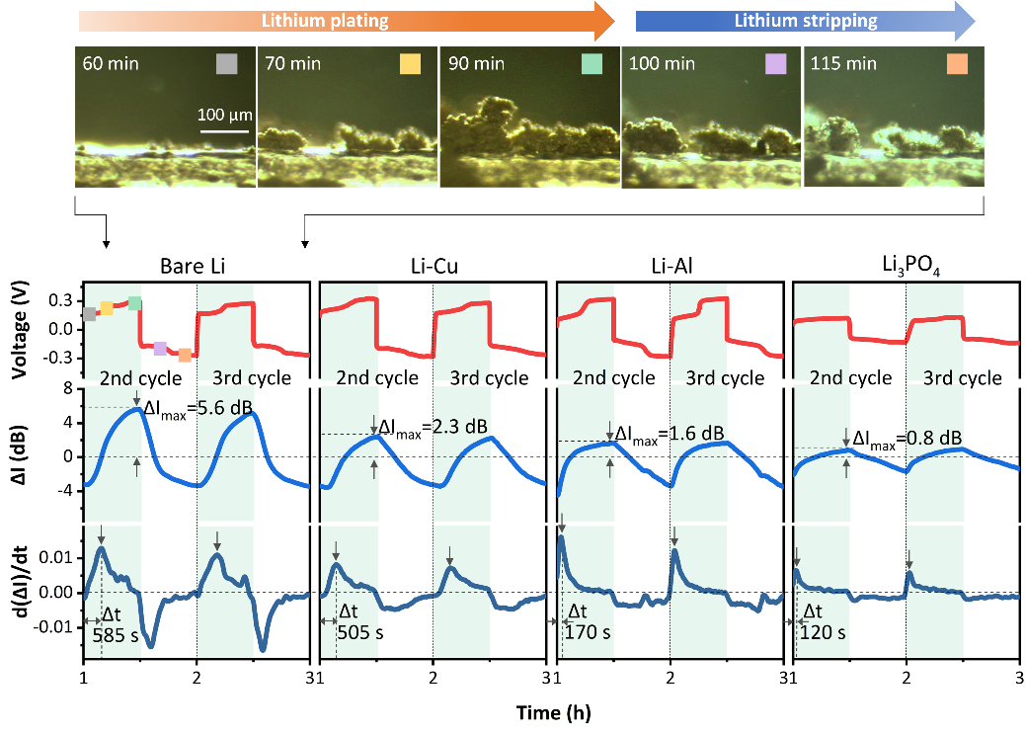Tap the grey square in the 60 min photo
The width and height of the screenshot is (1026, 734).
pos(228,64)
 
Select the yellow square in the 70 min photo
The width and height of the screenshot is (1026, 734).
pos(410,64)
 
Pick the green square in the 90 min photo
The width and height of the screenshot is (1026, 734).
pos(592,64)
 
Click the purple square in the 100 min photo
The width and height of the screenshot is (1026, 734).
pos(774,64)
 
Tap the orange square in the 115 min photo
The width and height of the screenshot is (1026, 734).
pos(956,64)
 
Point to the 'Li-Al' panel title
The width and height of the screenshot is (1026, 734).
pos(668,267)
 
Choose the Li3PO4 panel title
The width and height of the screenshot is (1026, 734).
pos(906,267)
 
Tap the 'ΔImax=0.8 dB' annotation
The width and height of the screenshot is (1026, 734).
pos(907,438)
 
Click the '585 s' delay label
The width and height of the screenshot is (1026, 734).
pos(108,636)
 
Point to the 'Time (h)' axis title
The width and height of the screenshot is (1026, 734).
pos(550,710)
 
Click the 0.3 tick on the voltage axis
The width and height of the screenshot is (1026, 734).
pos(61,298)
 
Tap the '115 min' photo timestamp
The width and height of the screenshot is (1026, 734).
pos(843,64)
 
